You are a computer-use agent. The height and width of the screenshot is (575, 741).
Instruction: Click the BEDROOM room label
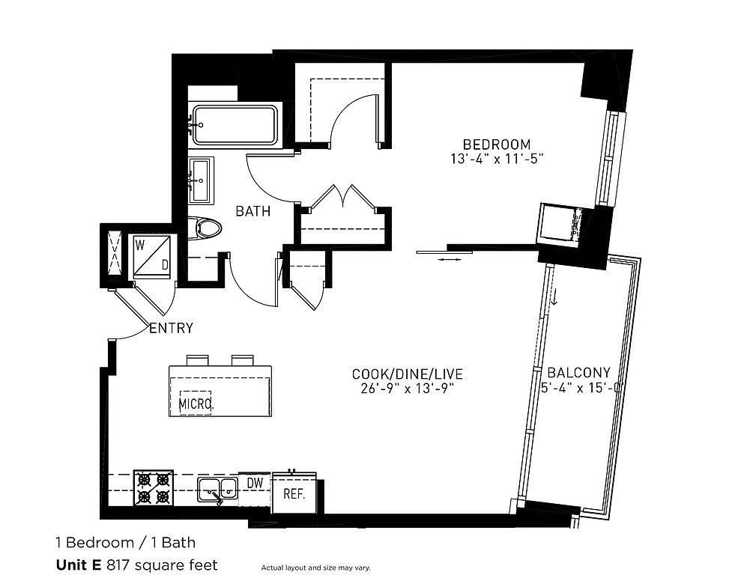pyautogui.click(x=496, y=144)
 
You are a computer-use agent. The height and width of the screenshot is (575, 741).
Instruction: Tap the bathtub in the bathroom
pyautogui.click(x=234, y=124)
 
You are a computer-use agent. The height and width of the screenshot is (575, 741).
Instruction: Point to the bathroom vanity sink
pyautogui.click(x=202, y=180)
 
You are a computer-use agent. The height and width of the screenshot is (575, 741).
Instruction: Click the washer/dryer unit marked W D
pyautogui.click(x=151, y=257)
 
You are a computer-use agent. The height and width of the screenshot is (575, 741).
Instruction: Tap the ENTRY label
pyautogui.click(x=171, y=328)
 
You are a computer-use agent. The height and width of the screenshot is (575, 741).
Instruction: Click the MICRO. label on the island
pyautogui.click(x=196, y=404)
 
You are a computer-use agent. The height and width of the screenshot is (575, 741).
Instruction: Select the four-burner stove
pyautogui.click(x=153, y=488)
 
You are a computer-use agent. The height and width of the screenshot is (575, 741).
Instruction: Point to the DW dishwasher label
pyautogui.click(x=255, y=482)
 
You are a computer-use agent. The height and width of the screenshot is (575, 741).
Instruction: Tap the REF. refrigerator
pyautogui.click(x=294, y=493)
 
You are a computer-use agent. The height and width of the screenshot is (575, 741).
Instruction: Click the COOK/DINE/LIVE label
pyautogui.click(x=408, y=374)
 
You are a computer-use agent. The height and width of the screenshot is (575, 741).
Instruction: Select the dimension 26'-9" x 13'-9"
pyautogui.click(x=408, y=389)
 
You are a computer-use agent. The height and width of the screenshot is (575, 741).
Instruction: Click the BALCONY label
pyautogui.click(x=579, y=372)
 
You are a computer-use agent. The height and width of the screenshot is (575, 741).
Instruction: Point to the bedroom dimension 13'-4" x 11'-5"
pyautogui.click(x=497, y=159)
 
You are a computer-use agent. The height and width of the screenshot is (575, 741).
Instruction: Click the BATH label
pyautogui.click(x=253, y=211)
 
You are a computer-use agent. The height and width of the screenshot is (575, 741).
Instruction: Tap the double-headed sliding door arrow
pyautogui.click(x=450, y=259)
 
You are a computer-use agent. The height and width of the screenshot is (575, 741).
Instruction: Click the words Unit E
pyautogui.click(x=79, y=565)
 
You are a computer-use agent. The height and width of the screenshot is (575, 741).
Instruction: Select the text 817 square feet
pyautogui.click(x=163, y=565)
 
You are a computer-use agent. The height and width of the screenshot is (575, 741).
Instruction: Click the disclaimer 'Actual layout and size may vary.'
pyautogui.click(x=315, y=568)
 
